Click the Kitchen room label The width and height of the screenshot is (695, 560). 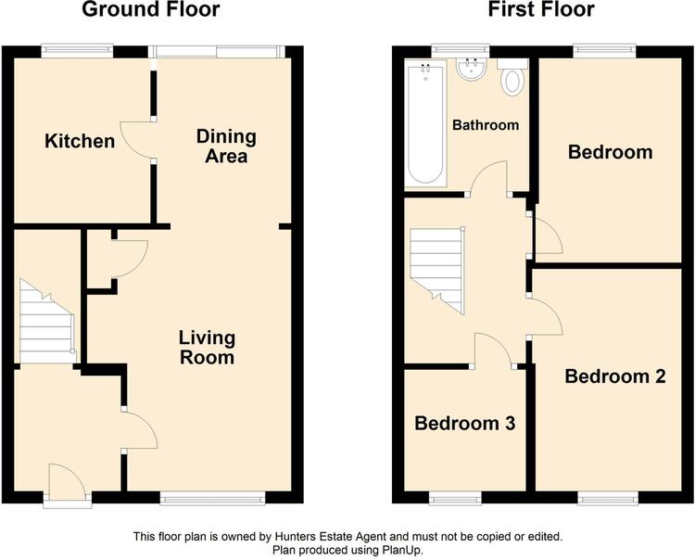pyautogui.click(x=80, y=141)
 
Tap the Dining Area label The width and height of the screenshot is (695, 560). pyautogui.click(x=226, y=146)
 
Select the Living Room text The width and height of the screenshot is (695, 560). pyautogui.click(x=207, y=347)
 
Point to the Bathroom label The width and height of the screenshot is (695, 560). pyautogui.click(x=486, y=125)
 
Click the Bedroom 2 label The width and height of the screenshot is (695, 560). pyautogui.click(x=615, y=376)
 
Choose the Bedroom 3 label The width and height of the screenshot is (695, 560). pyautogui.click(x=465, y=424)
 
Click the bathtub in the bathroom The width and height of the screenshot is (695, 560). pyautogui.click(x=426, y=123)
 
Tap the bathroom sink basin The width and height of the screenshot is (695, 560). pyautogui.click(x=472, y=70)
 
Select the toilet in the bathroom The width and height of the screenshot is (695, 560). pyautogui.click(x=512, y=77)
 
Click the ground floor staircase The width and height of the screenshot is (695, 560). pyautogui.click(x=47, y=322)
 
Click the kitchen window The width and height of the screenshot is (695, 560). pyautogui.click(x=78, y=50)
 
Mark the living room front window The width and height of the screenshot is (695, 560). pyautogui.click(x=213, y=499)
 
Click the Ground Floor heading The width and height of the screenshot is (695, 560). pyautogui.click(x=151, y=9)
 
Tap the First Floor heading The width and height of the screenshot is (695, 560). pyautogui.click(x=541, y=9)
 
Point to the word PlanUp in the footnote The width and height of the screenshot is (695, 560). pyautogui.click(x=401, y=551)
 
